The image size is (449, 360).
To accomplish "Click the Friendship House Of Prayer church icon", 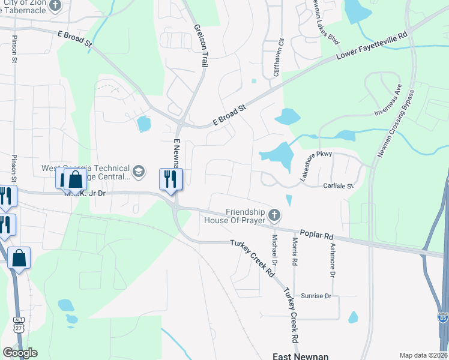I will pyautogui.click(x=274, y=214).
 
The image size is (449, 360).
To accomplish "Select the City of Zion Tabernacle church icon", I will pyautogui.click(x=55, y=7).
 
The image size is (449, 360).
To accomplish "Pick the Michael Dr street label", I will pyautogui.click(x=274, y=252).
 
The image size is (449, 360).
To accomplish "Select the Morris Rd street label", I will pyautogui.click(x=295, y=253).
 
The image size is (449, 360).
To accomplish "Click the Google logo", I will pyautogui.click(x=20, y=353).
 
